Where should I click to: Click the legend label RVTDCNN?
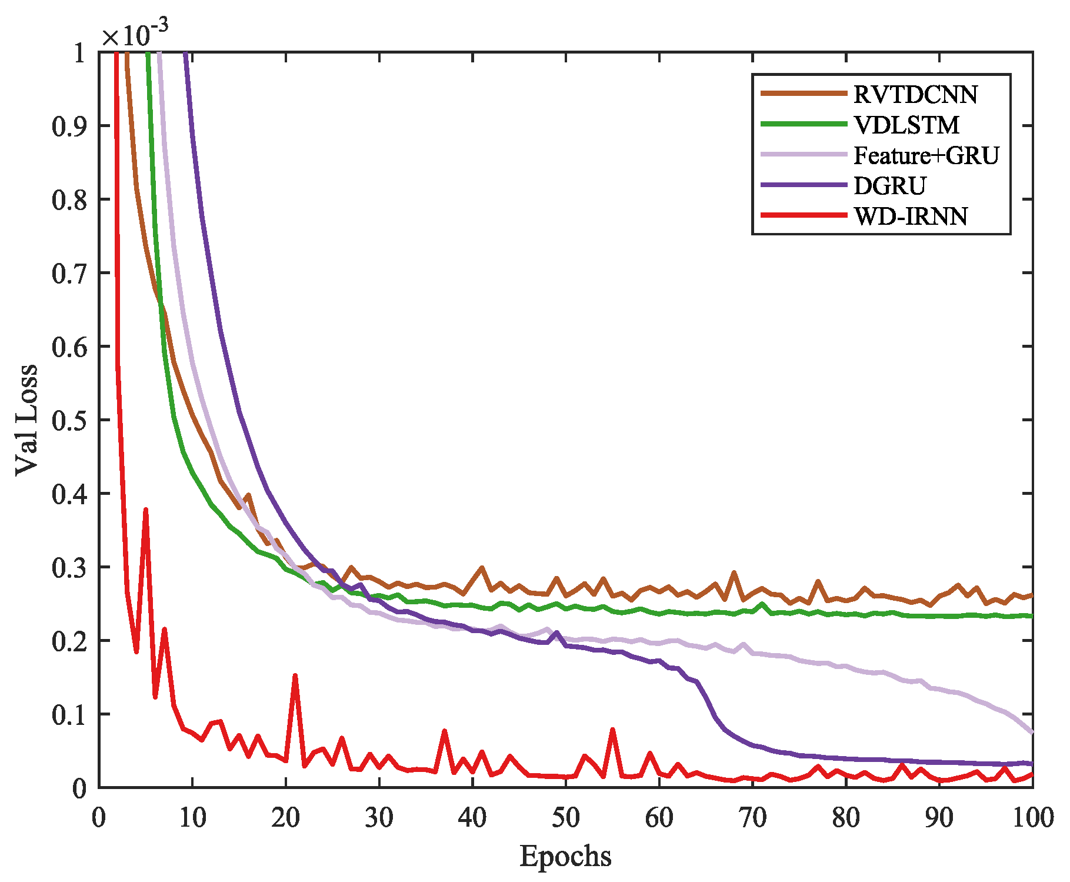[x=915, y=95]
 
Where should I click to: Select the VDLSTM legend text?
[x=906, y=125]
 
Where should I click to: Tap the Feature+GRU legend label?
[x=926, y=156]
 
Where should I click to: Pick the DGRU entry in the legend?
[x=889, y=186]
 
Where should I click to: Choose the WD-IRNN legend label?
[x=910, y=217]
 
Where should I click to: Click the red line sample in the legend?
[x=804, y=215]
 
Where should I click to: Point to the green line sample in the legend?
[x=804, y=124]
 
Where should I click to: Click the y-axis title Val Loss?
[x=27, y=420]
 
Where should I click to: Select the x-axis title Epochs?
[x=565, y=857]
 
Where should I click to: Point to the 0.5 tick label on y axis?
[x=69, y=420]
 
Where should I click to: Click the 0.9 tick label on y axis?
[x=69, y=126]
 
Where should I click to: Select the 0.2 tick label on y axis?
[x=69, y=641]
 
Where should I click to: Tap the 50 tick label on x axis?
[x=565, y=818]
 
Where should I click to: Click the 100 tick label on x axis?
[x=1032, y=818]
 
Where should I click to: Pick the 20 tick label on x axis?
[x=285, y=818]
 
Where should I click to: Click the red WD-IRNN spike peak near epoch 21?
[x=295, y=675]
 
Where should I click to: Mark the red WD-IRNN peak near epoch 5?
[x=145, y=510]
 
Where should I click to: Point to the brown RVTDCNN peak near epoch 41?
[x=482, y=568]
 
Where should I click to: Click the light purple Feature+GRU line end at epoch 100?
[x=1032, y=732]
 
